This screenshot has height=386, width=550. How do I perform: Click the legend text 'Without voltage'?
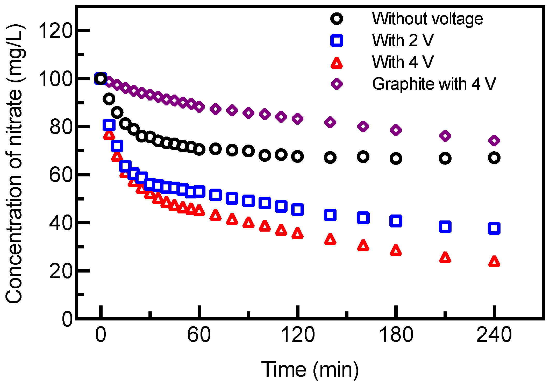(427, 19)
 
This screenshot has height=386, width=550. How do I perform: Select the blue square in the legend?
(337, 40)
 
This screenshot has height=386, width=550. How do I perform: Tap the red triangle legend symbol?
(337, 63)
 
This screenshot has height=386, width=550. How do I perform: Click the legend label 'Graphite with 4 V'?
(434, 84)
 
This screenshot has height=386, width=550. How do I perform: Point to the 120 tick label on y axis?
(55, 31)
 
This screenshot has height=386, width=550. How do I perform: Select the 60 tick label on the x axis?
(199, 335)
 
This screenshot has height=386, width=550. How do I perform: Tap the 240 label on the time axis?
(494, 335)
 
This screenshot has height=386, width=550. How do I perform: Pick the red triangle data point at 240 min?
(494, 262)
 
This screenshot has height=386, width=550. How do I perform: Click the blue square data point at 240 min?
(494, 228)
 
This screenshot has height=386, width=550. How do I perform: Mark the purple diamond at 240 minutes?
(494, 140)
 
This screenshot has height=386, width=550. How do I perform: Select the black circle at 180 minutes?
(396, 158)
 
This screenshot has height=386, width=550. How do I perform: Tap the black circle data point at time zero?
(101, 78)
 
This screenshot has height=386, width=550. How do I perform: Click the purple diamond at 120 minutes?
(297, 119)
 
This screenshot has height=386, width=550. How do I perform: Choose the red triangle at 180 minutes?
(396, 250)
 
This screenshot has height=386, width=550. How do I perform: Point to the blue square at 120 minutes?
(297, 209)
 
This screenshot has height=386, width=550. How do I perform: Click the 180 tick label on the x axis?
(396, 335)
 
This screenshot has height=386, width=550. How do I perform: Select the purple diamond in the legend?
(337, 84)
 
